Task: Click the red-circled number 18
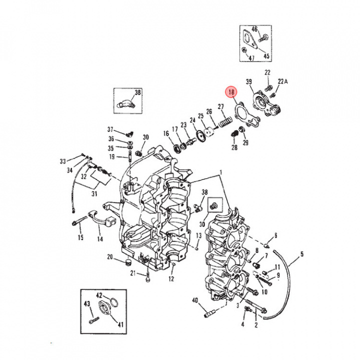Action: [231, 92]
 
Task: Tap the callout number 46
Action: [254, 29]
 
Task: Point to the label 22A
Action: [283, 81]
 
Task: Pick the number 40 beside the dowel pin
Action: [195, 300]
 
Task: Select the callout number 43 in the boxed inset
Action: [86, 303]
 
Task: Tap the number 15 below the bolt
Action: [80, 237]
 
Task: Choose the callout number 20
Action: [110, 257]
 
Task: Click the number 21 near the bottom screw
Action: [133, 272]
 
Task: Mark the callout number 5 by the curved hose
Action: [302, 254]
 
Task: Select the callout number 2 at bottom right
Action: [256, 325]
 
